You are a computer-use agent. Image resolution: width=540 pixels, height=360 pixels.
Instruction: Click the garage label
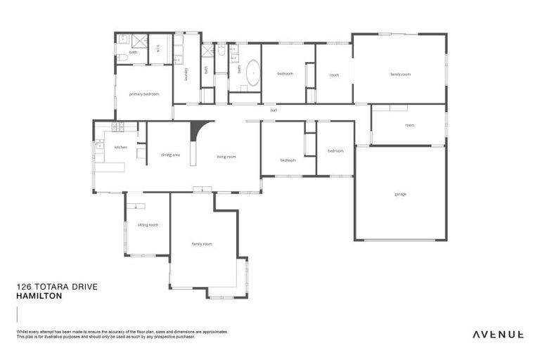pos(400,194)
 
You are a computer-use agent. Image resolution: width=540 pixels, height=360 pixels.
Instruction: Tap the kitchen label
pos(121,147)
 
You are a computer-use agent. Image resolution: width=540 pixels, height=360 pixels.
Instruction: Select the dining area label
pos(170,155)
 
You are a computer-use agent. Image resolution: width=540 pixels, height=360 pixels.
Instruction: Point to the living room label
pos(226,157)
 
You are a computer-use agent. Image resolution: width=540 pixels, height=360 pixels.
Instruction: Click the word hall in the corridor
pos(274,110)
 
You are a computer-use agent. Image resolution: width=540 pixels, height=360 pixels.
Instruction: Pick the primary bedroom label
pos(143,94)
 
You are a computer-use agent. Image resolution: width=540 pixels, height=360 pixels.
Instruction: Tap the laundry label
pos(186,73)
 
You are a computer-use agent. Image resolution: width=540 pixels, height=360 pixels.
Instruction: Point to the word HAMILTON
pos(39,297)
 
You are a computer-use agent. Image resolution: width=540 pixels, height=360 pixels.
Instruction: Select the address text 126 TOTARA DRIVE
pos(57,288)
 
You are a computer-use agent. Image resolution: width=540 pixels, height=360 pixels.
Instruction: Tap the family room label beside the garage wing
pos(400,74)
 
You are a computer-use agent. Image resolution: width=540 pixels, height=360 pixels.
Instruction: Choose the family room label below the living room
pos(202,244)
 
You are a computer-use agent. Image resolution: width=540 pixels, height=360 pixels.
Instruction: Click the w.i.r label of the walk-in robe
pos(159,49)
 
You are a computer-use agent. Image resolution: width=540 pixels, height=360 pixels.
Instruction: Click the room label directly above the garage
pos(409,125)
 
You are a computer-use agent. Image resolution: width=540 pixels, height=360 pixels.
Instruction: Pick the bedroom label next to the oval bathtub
pos(285,74)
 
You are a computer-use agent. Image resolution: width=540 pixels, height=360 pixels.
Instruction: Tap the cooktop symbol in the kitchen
pos(117,127)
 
